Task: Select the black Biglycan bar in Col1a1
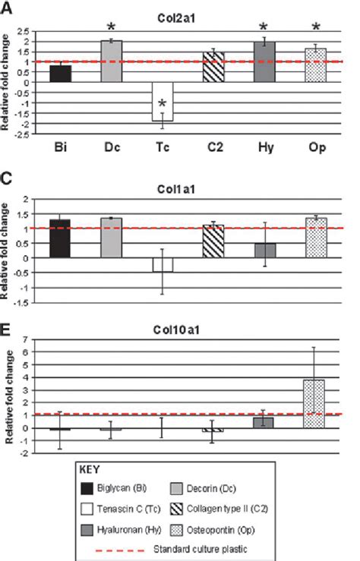tap(60, 239)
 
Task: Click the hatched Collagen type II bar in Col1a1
tap(215, 241)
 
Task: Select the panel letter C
tap(7, 172)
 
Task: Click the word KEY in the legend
tap(92, 471)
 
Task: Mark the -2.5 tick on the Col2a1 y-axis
tap(24, 134)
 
